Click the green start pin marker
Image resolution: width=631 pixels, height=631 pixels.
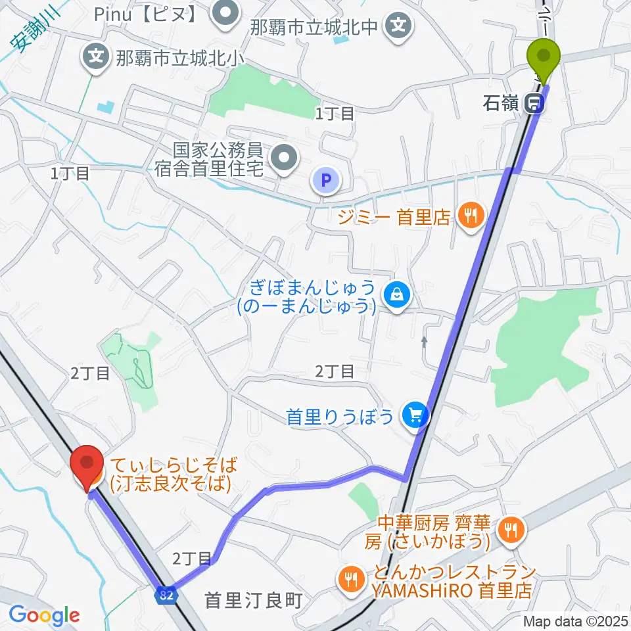(545, 58)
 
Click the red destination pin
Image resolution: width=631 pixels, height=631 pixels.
(87, 465)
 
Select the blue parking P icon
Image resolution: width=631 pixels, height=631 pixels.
(327, 179)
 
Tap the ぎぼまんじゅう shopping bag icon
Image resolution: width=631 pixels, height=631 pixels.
(398, 296)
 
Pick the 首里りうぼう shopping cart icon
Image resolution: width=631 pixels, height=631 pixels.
(415, 415)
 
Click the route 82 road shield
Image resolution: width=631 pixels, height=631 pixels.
(166, 594)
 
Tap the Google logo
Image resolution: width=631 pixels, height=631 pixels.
(44, 616)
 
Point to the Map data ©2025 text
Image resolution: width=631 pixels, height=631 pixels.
(575, 621)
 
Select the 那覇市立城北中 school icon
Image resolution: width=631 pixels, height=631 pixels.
(398, 27)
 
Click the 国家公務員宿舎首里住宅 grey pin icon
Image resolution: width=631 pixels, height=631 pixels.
(284, 158)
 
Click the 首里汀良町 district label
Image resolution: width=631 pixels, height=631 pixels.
(252, 599)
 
